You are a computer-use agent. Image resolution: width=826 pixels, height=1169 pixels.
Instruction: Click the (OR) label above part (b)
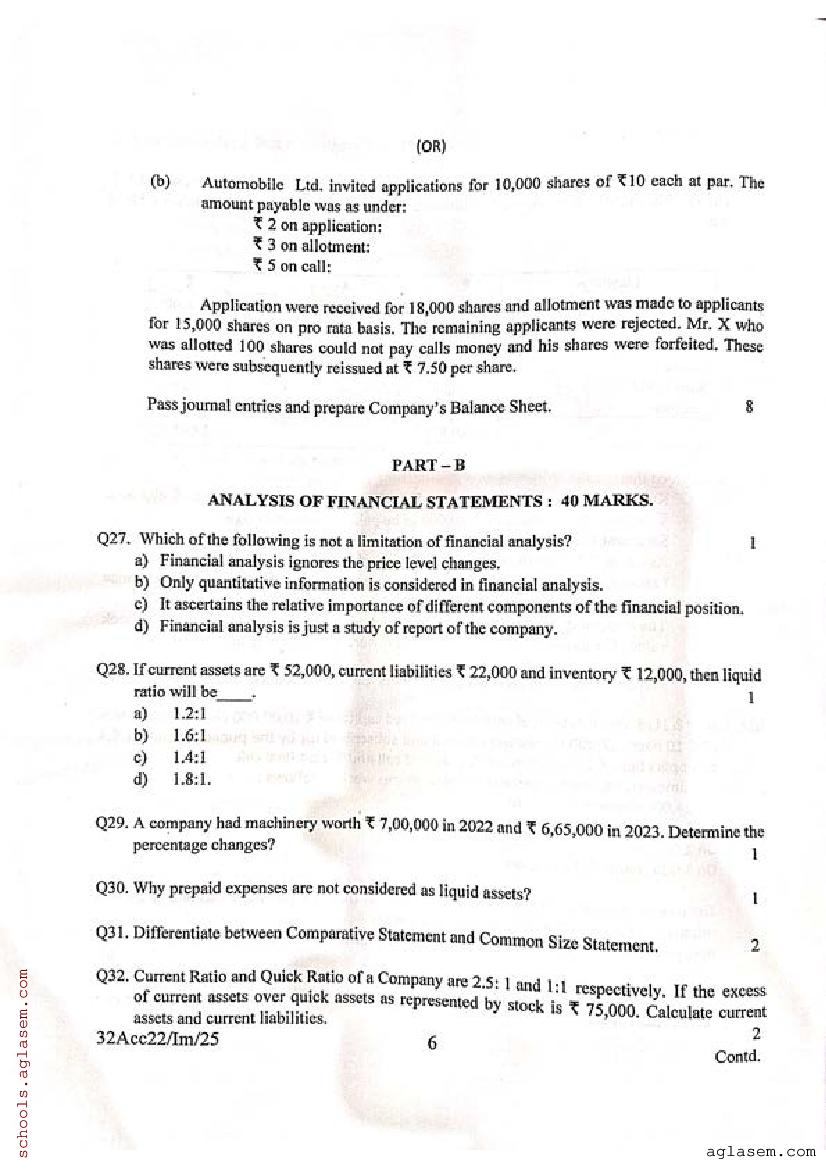click(x=431, y=146)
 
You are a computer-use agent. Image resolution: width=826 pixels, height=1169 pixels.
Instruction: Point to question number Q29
click(x=113, y=823)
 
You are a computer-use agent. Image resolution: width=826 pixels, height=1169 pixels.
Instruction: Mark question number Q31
click(x=113, y=932)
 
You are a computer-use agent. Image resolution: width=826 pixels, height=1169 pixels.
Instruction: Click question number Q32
click(x=113, y=975)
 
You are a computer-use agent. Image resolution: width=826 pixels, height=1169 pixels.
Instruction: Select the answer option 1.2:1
click(x=189, y=714)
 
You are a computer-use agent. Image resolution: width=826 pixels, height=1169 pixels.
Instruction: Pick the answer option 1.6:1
click(x=189, y=736)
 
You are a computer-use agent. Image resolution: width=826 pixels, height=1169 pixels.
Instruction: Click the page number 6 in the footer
click(x=432, y=1043)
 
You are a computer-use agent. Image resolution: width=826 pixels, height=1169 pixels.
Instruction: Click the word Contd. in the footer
click(x=738, y=1056)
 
